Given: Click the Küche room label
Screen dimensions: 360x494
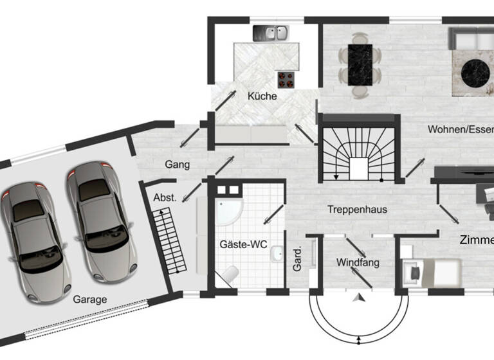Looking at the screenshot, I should click(262, 96).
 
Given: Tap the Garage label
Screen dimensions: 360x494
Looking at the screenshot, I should click(89, 299).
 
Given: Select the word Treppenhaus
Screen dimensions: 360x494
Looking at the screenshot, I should click(356, 210).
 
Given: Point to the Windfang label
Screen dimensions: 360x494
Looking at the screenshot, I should click(358, 262).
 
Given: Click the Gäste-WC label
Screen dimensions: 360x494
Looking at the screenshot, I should click(243, 245).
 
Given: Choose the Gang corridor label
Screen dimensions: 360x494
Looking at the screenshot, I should click(177, 165).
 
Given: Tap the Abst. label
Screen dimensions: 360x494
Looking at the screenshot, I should click(165, 198).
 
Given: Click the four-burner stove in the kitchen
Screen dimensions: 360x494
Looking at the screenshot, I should click(286, 79).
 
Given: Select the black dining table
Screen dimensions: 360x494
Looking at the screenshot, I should click(360, 64).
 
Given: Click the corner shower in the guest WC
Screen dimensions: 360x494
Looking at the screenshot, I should click(229, 207).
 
